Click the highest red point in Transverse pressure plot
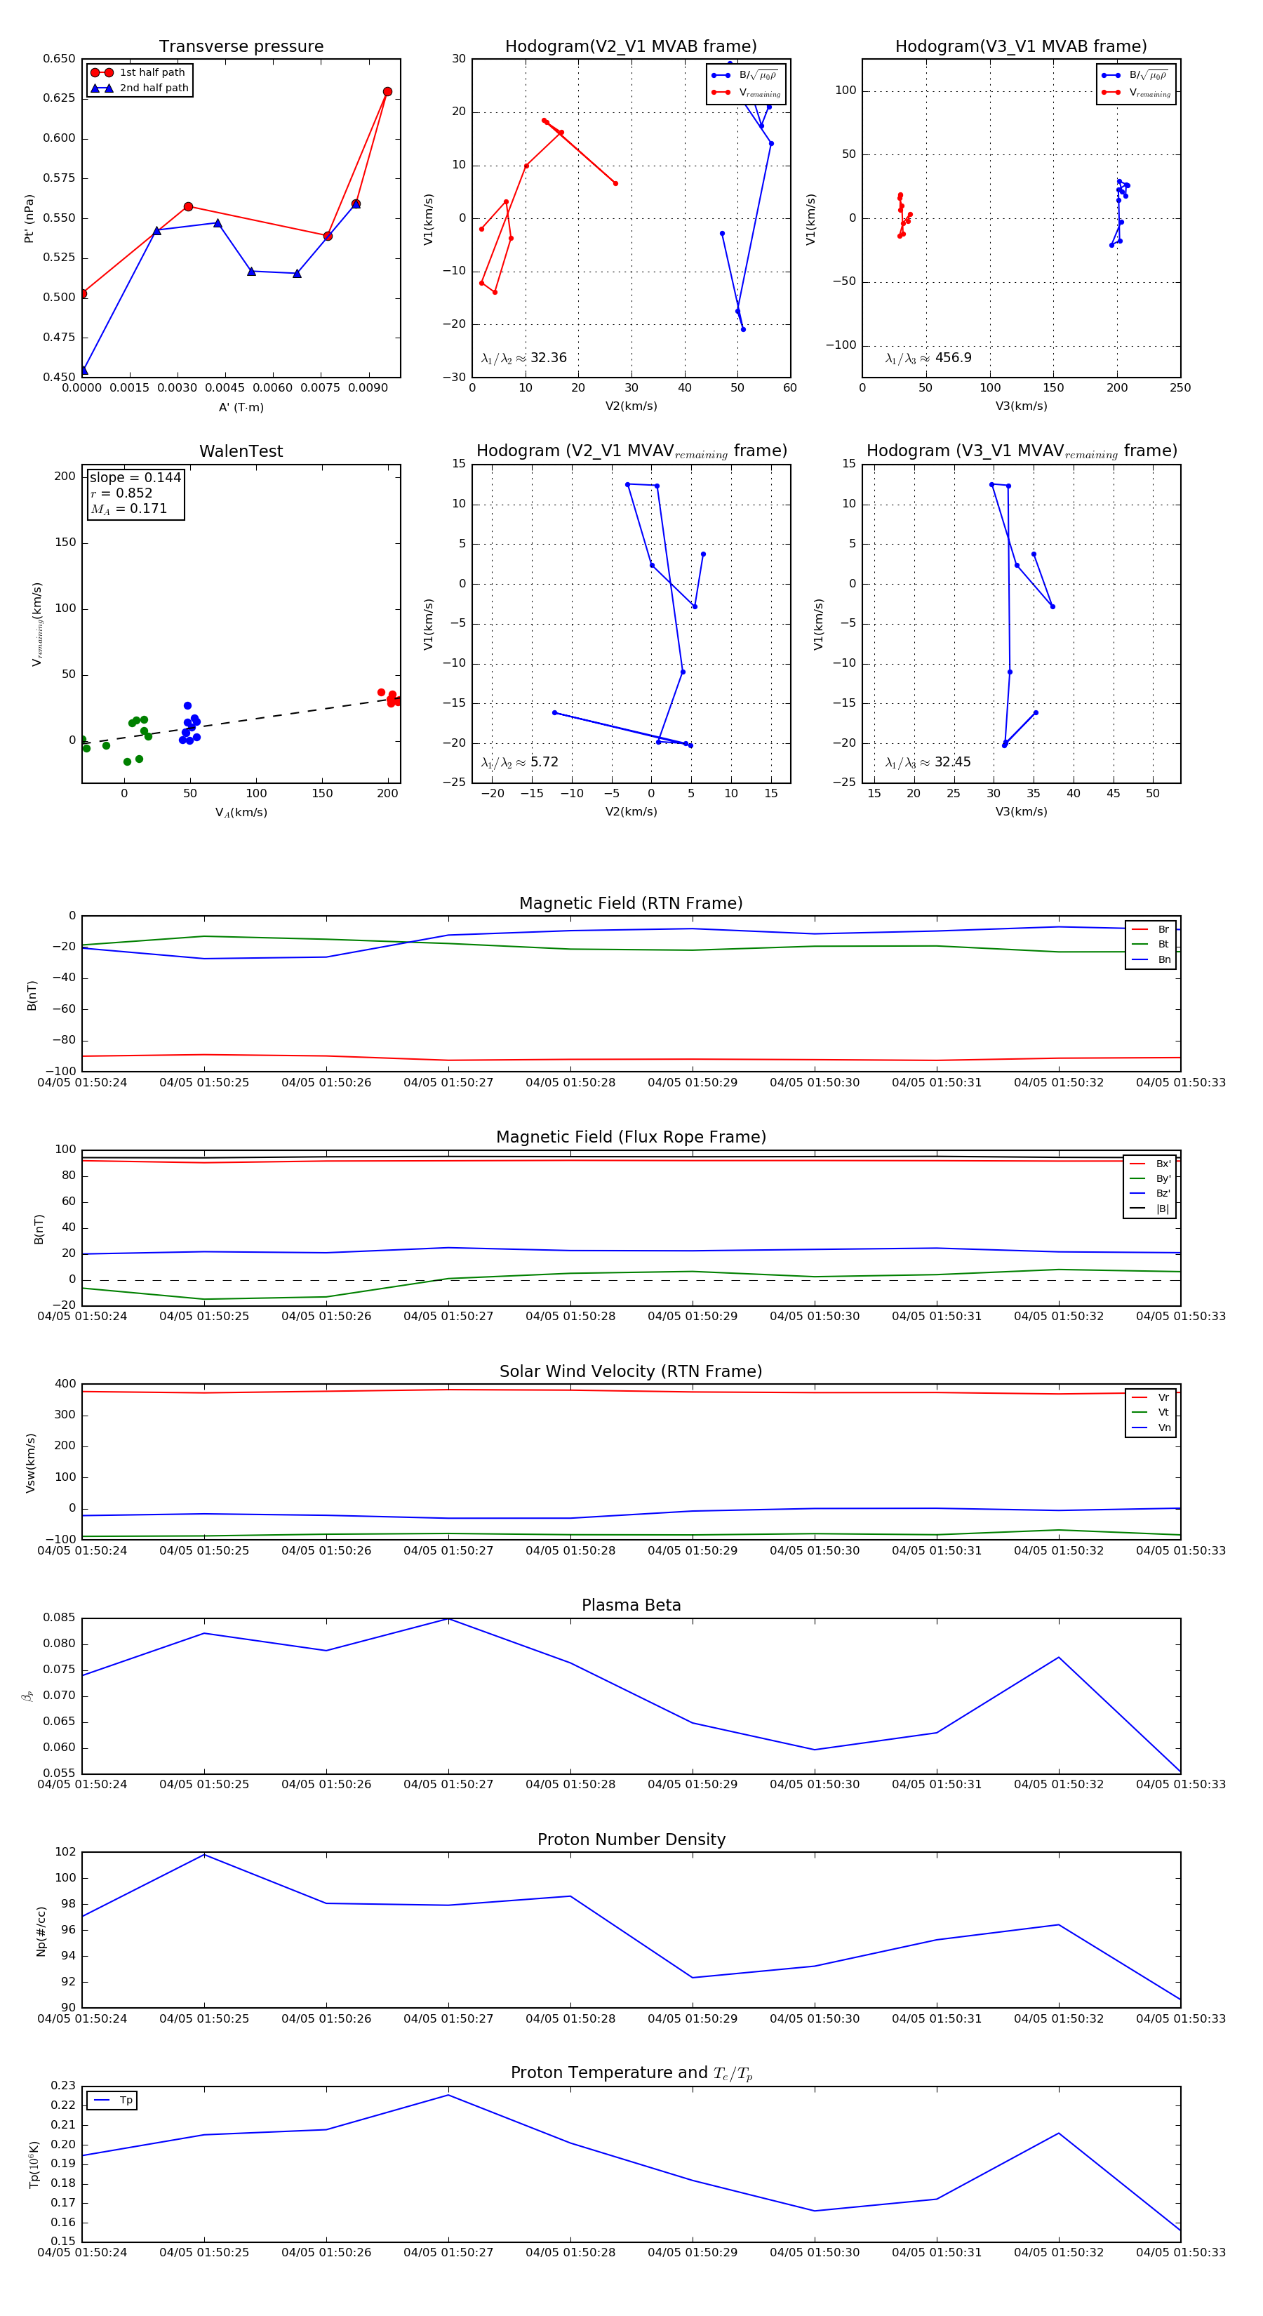point(387,92)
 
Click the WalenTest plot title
point(241,451)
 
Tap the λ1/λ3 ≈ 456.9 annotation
point(928,358)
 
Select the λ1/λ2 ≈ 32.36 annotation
point(523,358)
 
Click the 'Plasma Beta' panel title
point(631,1606)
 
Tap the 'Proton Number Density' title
point(631,1839)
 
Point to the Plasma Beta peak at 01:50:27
point(448,1619)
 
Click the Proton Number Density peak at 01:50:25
point(204,1855)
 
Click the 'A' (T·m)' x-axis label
point(241,407)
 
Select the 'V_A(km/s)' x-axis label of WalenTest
point(241,813)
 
